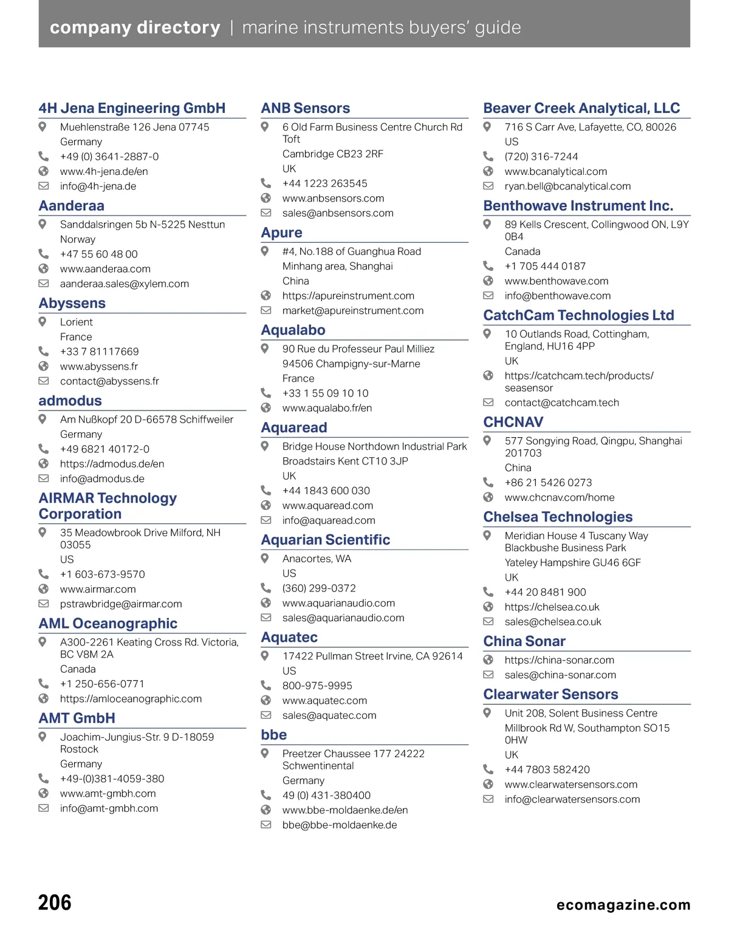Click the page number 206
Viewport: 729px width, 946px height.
(x=55, y=903)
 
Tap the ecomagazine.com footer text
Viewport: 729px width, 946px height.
(x=623, y=905)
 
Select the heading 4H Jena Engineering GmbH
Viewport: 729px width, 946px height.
(x=132, y=108)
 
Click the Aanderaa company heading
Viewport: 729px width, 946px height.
(x=72, y=206)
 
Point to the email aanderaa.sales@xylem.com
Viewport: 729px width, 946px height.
(x=125, y=284)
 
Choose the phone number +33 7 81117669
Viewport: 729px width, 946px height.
(x=99, y=352)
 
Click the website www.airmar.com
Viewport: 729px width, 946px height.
(x=98, y=589)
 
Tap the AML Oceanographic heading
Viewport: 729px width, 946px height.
(x=108, y=624)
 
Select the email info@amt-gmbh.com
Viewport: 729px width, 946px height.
(x=109, y=808)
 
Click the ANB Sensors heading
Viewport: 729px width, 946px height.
(x=306, y=108)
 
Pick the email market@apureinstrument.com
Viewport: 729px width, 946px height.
(x=353, y=310)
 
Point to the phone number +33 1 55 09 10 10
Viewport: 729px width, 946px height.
(x=325, y=393)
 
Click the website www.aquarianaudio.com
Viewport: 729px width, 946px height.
(x=338, y=603)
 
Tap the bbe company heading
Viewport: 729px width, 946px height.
(x=274, y=735)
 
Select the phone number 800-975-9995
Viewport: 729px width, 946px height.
(x=317, y=686)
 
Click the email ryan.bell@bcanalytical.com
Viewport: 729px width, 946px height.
(x=567, y=186)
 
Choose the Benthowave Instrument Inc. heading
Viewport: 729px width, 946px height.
(x=578, y=206)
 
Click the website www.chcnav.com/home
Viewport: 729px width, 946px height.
(x=560, y=497)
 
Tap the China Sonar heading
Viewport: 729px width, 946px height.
(x=524, y=641)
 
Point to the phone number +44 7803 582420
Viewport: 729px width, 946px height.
(x=547, y=769)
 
